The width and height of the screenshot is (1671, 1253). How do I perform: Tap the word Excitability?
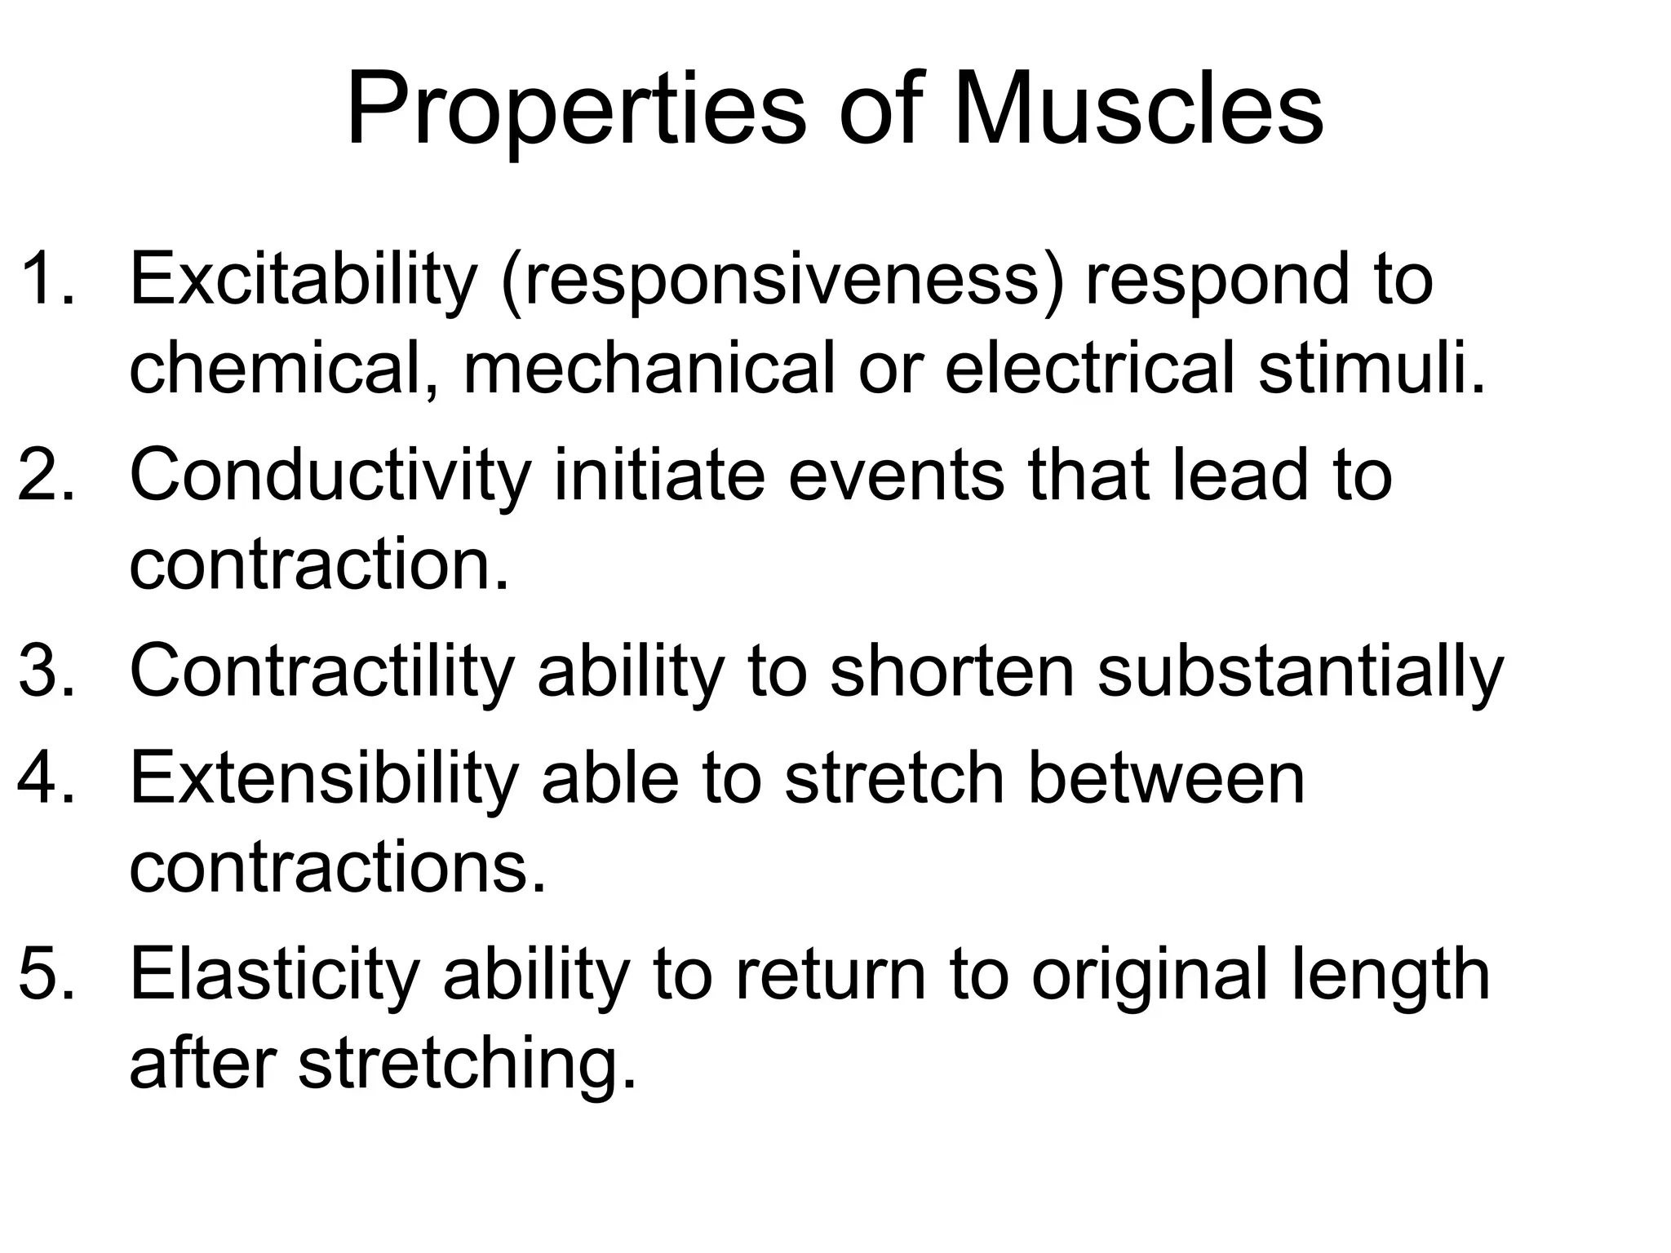point(302,281)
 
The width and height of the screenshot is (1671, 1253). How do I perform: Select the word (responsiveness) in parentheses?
point(783,281)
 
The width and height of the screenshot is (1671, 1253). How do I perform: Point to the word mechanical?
point(649,369)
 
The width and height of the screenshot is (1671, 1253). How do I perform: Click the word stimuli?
point(1371,369)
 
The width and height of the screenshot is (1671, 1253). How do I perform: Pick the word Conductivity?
point(330,476)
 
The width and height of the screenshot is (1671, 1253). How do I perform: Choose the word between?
point(1166,779)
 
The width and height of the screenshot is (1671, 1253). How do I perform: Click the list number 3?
point(45,672)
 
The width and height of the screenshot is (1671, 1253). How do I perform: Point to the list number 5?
point(45,976)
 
